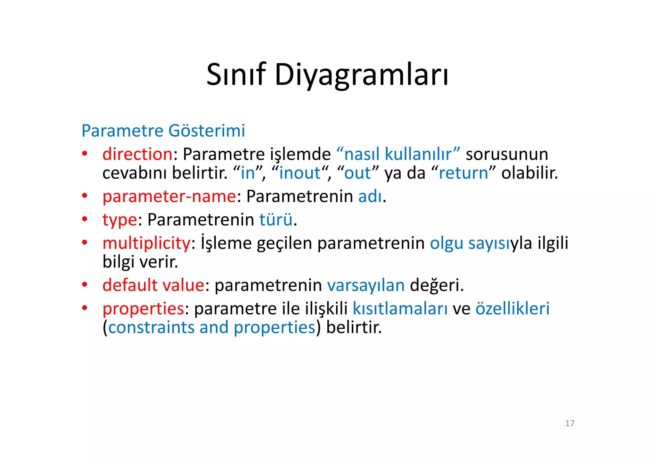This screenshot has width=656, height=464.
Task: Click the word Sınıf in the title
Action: coord(236,75)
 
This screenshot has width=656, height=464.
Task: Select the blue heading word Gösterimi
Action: coord(207,131)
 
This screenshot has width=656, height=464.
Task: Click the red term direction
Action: coord(137,154)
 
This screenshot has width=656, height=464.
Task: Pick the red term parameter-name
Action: coord(169,196)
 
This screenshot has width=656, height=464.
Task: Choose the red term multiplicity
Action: coord(146,243)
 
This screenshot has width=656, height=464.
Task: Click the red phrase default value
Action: coord(153,285)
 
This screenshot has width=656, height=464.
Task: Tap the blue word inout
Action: coord(300,173)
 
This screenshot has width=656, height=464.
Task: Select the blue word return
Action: coord(463,173)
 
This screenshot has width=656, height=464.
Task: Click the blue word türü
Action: coord(276,220)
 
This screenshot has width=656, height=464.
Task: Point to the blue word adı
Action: coord(370,196)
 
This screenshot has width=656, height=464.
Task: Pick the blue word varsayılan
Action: coord(366,285)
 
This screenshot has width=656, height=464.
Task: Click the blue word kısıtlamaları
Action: coord(400,308)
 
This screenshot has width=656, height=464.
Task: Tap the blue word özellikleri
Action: coord(512,308)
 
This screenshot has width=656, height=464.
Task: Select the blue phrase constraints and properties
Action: coord(212,327)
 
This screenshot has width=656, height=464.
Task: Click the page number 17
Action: coord(570,424)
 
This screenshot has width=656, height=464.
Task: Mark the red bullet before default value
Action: coord(85,285)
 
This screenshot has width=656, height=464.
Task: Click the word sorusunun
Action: coord(507,154)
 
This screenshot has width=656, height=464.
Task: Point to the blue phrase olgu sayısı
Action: coord(470,243)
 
